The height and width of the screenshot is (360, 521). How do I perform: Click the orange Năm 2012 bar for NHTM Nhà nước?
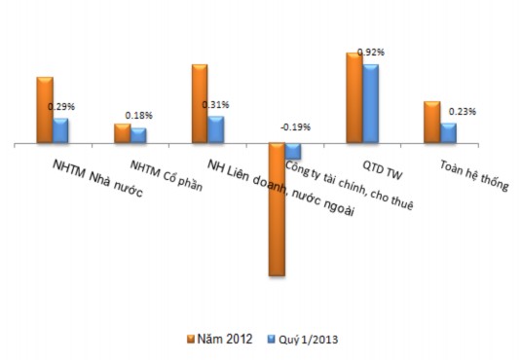[45, 110]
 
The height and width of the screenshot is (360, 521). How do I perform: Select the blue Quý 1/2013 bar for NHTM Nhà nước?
[60, 131]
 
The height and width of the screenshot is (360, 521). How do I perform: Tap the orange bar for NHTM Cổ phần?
[122, 134]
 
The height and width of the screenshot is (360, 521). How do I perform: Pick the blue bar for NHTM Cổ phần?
[138, 136]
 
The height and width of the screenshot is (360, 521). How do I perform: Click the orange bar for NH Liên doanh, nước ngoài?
[200, 104]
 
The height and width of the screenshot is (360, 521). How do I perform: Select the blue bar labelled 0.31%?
[215, 130]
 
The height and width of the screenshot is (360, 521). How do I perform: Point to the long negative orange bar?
[277, 209]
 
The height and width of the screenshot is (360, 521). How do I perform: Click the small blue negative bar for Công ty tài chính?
[293, 151]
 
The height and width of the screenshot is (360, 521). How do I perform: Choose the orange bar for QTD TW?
[354, 98]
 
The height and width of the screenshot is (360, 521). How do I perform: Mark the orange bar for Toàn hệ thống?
[431, 123]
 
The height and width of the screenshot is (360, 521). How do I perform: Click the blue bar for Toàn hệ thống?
[448, 133]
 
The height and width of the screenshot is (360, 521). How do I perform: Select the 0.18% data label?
[139, 116]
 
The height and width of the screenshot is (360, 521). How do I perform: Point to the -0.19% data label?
[295, 127]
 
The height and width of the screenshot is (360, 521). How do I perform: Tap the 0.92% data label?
[372, 52]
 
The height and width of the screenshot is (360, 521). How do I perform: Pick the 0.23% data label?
[463, 112]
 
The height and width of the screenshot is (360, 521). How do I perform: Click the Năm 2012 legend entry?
[220, 340]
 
